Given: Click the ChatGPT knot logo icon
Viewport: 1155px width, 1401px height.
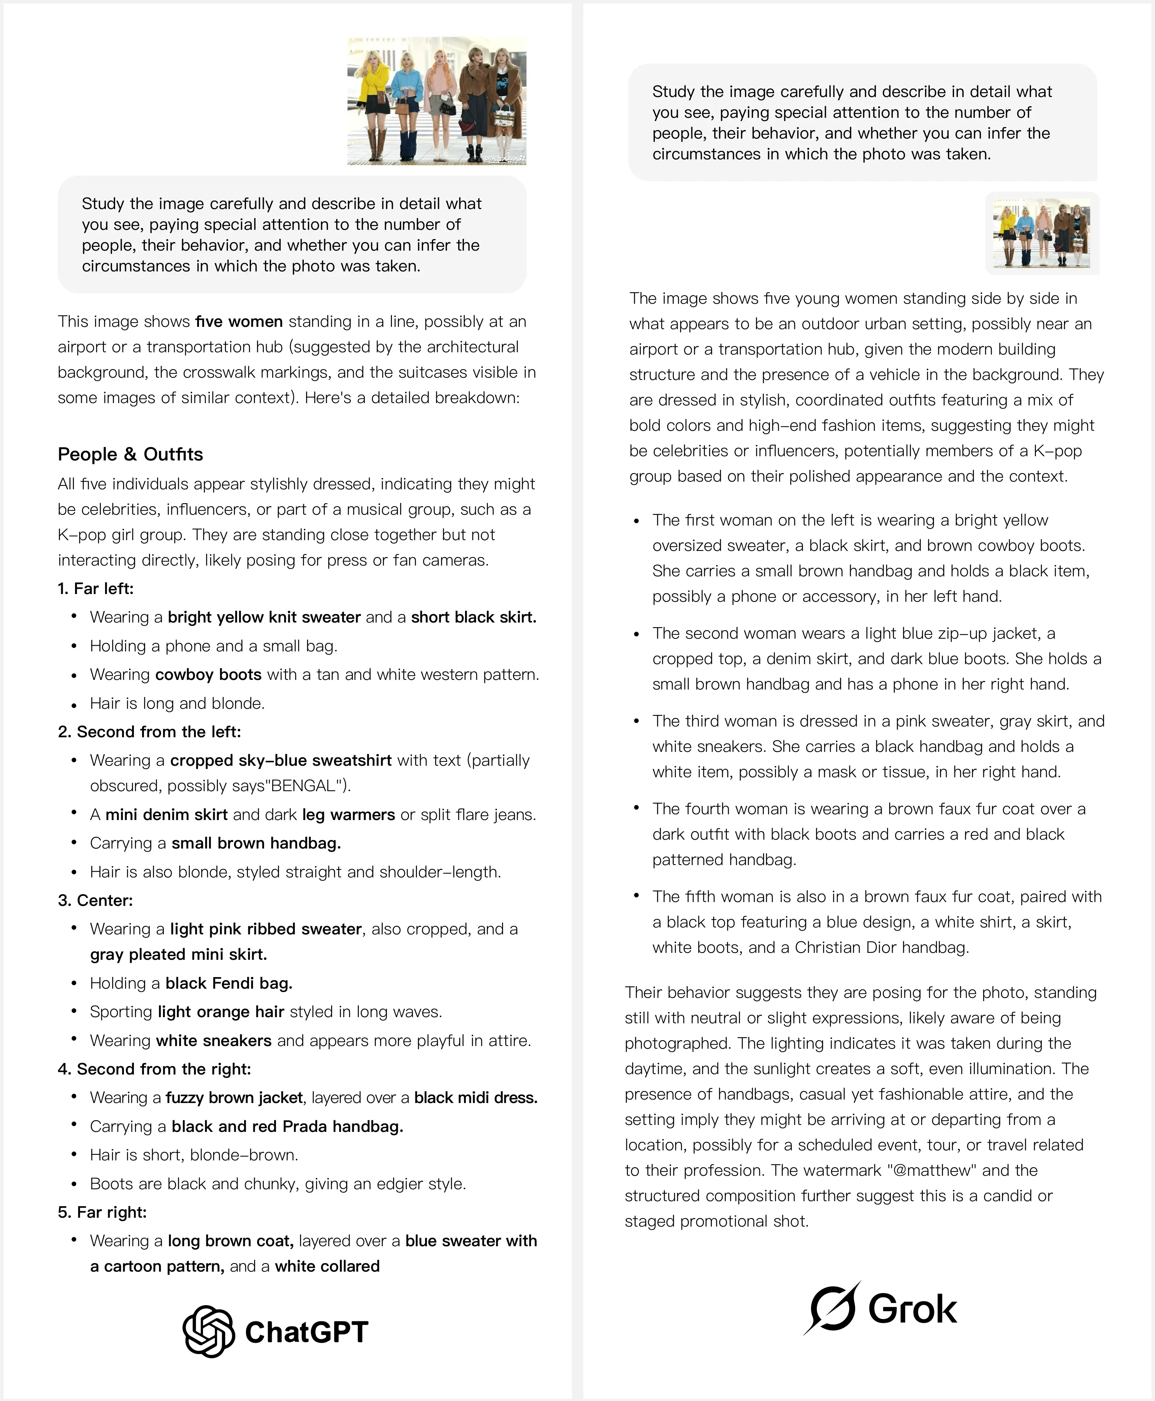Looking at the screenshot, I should tap(208, 1331).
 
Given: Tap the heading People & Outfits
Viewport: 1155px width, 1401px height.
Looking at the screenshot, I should tap(131, 454).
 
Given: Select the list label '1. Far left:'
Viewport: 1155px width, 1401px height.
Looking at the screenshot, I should tap(96, 589).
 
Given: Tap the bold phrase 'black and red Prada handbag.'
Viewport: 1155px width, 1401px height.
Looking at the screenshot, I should tap(288, 1126).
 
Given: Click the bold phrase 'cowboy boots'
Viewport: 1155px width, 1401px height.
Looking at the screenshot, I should tap(208, 675).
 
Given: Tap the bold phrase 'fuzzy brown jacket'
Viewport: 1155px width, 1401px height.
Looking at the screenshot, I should tap(234, 1098).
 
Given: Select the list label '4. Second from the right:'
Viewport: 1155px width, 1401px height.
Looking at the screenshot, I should tap(154, 1069).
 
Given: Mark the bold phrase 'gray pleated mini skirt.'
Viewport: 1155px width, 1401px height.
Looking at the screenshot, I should tap(178, 955).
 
